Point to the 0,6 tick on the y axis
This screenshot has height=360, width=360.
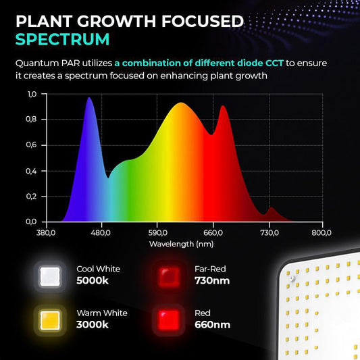coord(32,145)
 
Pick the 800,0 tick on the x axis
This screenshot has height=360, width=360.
coord(322,232)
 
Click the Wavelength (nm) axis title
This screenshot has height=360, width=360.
coord(181,244)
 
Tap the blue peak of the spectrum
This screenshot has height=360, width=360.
coord(89,99)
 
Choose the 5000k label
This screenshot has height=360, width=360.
coord(93,280)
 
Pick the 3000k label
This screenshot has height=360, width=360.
coord(93,325)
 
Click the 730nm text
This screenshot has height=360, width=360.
coord(212,280)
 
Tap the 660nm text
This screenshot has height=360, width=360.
coord(212,325)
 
